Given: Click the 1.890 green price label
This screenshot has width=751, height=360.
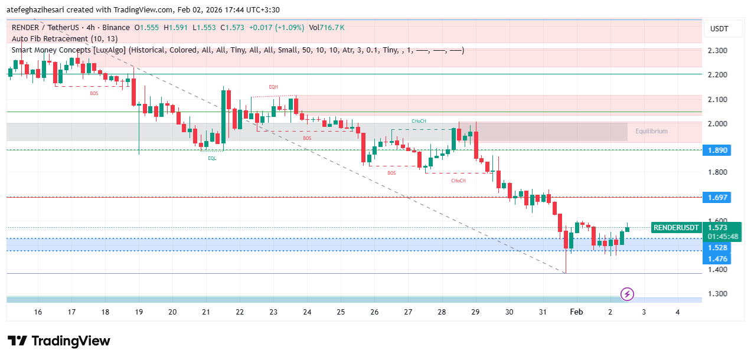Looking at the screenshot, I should pos(717,150).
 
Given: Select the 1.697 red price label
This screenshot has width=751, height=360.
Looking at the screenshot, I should pos(717,197).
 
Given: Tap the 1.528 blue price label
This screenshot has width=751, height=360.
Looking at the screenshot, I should pos(717,248).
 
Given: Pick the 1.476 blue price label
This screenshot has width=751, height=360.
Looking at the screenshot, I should pos(717,259).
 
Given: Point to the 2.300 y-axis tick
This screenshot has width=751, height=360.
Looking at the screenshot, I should pos(717,50).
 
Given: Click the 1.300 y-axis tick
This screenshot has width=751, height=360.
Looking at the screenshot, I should pos(717,294).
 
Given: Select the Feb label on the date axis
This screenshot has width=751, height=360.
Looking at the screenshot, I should pos(576,312).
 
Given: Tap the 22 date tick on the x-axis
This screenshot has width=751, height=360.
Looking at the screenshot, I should pos(240,312).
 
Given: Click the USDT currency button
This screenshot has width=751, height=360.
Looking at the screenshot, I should pos(719,29).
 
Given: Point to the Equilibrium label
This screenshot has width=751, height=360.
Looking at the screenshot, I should pos(651,131).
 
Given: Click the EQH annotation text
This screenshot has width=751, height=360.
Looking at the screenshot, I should pos(273,87).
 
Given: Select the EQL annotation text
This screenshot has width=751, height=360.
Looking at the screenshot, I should pos(212,158).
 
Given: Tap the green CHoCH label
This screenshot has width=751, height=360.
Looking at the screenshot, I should pos(419,121).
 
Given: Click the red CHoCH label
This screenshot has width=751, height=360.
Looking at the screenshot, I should pos(458,181).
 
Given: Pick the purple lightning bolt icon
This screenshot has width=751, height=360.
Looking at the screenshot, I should pos(627,293).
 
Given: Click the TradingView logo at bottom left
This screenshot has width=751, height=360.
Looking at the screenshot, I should pos(59,341).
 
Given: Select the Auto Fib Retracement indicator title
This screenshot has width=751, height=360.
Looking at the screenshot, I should pos(64,39).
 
